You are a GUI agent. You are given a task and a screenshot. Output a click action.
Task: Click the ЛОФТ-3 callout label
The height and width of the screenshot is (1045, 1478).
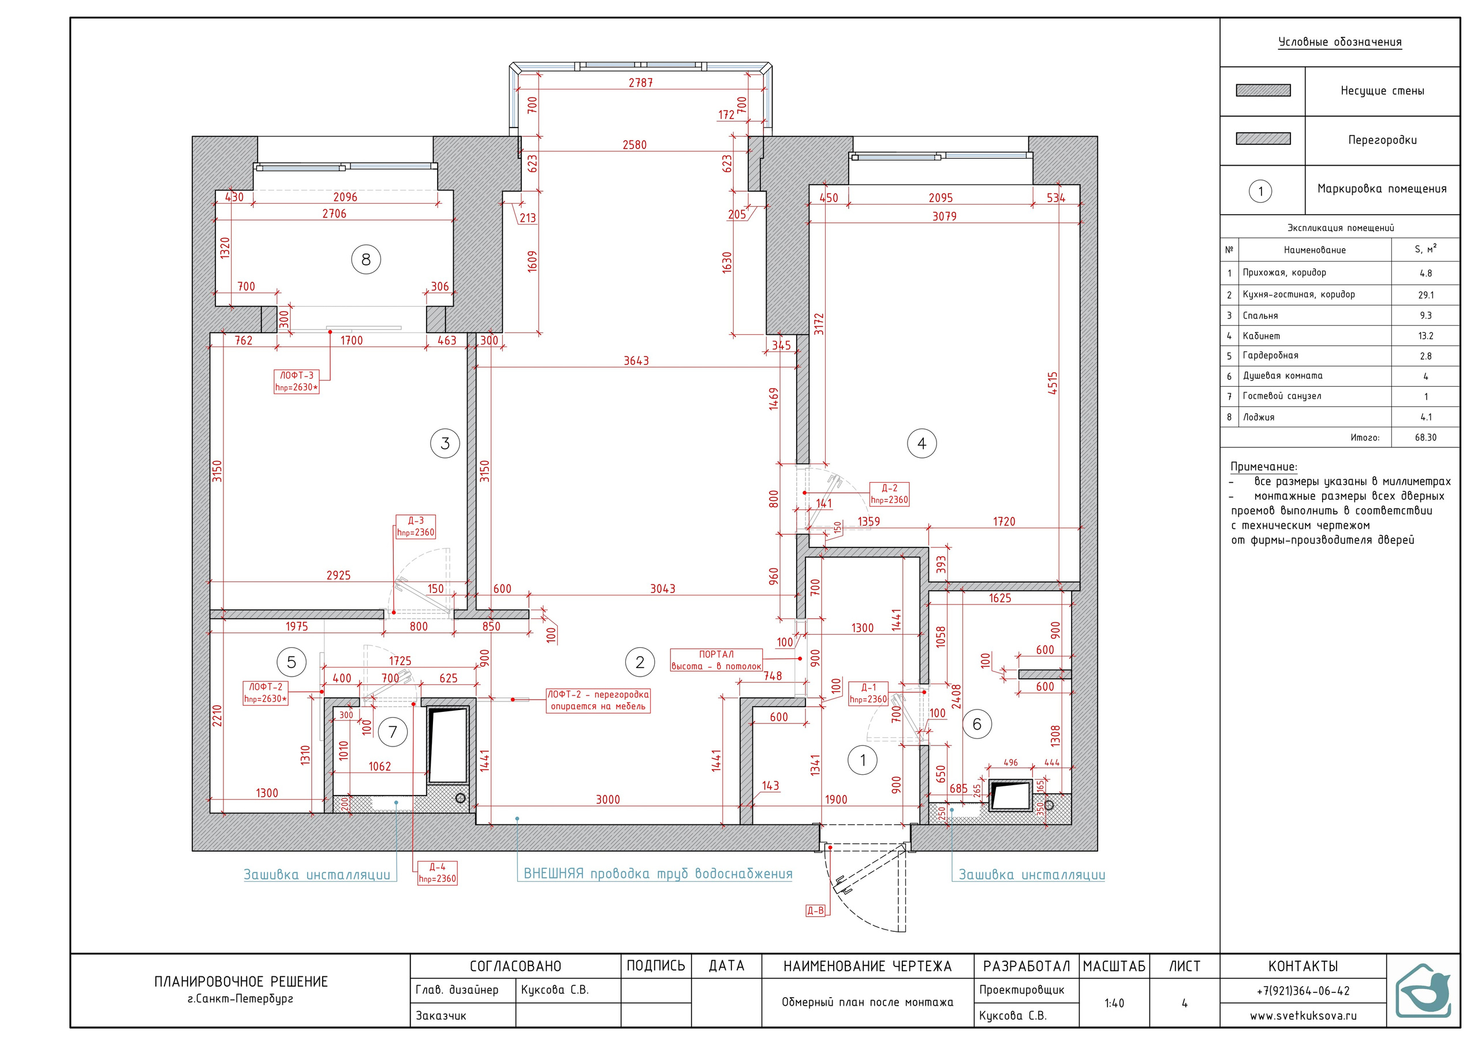[x=297, y=381]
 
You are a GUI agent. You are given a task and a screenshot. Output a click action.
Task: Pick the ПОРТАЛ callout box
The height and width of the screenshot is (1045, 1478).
[x=716, y=660]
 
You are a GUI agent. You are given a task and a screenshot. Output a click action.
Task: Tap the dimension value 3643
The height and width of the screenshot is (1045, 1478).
[x=636, y=361]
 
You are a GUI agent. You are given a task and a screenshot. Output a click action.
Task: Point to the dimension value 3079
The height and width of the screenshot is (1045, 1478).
[x=945, y=217]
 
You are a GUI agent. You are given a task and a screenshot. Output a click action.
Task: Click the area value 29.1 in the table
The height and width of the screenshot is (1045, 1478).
[x=1426, y=295]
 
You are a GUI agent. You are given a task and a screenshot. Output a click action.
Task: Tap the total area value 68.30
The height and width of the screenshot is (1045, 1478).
[x=1426, y=437]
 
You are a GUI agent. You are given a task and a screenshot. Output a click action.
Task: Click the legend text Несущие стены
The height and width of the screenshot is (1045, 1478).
[x=1382, y=91]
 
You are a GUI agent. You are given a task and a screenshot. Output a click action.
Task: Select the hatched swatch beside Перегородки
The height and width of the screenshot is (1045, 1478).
[x=1263, y=139]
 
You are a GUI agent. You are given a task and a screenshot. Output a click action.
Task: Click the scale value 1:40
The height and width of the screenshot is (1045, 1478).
[x=1114, y=1003]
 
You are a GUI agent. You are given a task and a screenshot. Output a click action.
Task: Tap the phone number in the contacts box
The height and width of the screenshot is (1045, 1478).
[x=1303, y=991]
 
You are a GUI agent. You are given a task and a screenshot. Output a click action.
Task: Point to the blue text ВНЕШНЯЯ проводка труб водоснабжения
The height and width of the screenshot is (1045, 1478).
[x=658, y=874]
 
